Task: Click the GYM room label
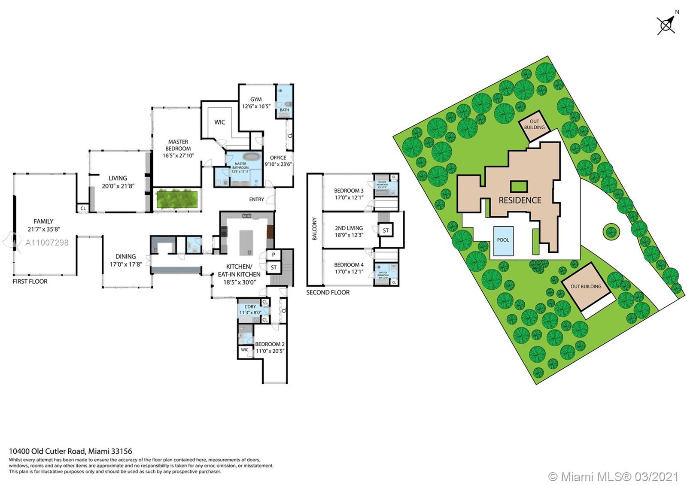click(x=256, y=99)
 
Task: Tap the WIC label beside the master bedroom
click(x=219, y=122)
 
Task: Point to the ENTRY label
click(x=256, y=199)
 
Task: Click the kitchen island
click(x=247, y=242)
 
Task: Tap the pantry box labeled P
click(x=274, y=255)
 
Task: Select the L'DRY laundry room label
click(x=250, y=306)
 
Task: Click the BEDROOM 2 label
click(x=270, y=344)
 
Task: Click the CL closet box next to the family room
click(x=83, y=208)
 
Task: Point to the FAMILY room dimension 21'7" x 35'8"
click(x=44, y=229)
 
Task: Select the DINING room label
click(x=125, y=256)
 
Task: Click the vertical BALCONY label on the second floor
click(x=314, y=229)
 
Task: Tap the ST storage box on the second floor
click(x=386, y=230)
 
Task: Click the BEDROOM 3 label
click(x=349, y=191)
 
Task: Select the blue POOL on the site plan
click(x=503, y=240)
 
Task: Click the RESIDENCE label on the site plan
click(x=520, y=200)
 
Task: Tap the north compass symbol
click(x=666, y=24)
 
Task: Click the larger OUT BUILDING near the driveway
click(x=586, y=286)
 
